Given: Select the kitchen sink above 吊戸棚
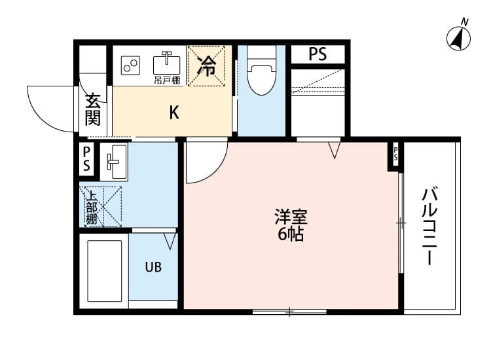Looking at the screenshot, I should point(167,64).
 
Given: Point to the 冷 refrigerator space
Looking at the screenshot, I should point(207,66).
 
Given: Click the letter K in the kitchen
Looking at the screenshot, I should point(173,113).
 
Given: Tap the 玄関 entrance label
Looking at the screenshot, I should point(92,110).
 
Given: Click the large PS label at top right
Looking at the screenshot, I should point(318,54).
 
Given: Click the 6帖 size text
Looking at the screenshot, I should point(291,234).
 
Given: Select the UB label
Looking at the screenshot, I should point(153,267).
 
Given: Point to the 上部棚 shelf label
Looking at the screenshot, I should point(91,206).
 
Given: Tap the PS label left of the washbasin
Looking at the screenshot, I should point(86,160).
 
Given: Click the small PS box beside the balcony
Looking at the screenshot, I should point(395,155).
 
